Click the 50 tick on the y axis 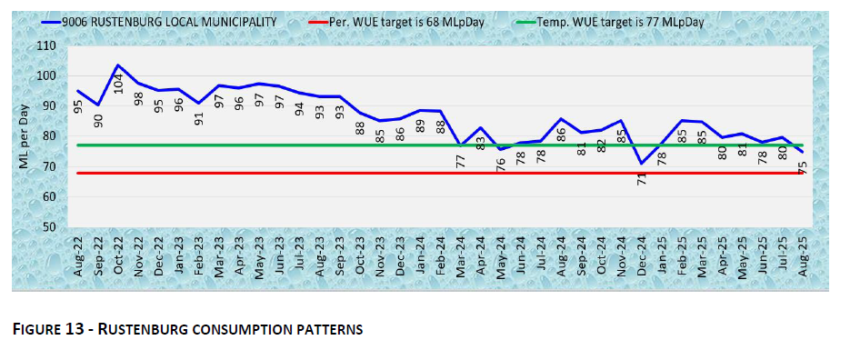pos(58,227)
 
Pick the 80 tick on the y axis pos(58,136)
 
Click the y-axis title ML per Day pos(25,136)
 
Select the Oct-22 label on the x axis pos(118,255)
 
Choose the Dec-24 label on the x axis pos(642,255)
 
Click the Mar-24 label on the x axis pos(461,255)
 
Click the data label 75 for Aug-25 pos(804,167)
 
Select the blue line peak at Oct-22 pos(118,65)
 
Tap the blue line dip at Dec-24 pos(642,164)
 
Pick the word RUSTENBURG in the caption pos(148,329)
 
